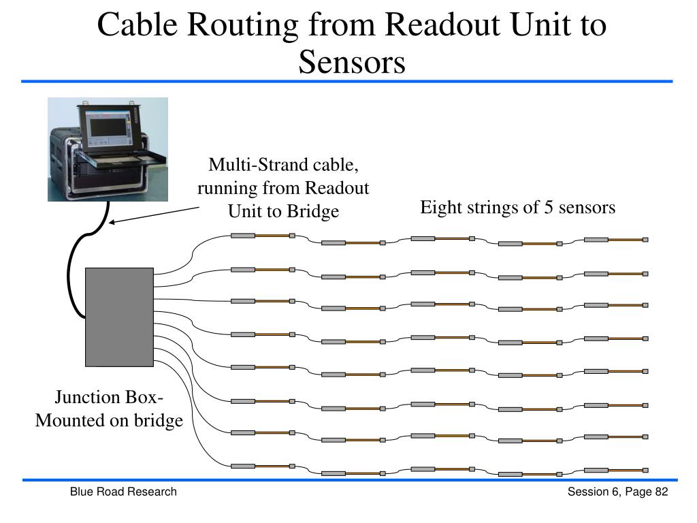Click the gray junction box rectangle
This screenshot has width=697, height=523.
click(119, 317)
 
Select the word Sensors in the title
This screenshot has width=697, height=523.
click(351, 63)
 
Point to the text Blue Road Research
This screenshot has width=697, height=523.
click(123, 492)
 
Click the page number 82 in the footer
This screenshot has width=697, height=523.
click(661, 492)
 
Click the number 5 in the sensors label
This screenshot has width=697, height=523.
click(547, 207)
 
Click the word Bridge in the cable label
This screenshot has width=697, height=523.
click(312, 211)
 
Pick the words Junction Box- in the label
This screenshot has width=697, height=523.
click(109, 398)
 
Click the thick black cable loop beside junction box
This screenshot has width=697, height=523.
click(71, 272)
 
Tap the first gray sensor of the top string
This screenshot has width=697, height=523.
click(243, 236)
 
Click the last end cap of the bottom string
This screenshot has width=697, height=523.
click(645, 470)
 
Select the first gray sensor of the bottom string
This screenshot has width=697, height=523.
click(243, 466)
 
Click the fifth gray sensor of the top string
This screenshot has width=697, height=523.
click(596, 240)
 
